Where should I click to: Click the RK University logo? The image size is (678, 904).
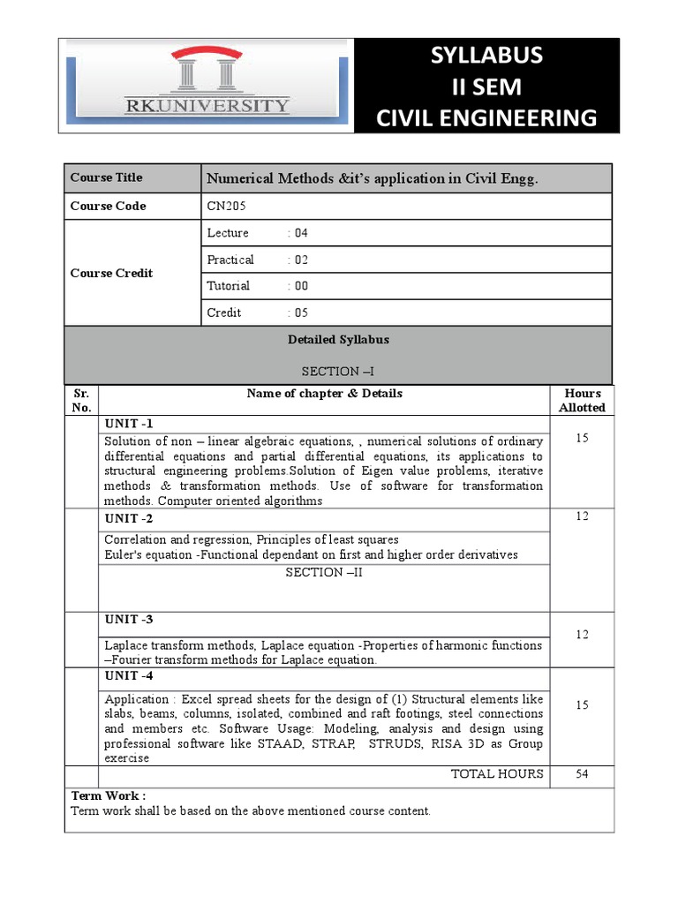[207, 85]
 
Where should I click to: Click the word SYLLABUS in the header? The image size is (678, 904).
[486, 56]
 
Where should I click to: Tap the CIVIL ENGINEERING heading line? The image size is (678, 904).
[486, 117]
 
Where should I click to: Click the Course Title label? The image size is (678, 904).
[106, 177]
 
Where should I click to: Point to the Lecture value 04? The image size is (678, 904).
[301, 233]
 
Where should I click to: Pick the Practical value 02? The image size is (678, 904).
[301, 260]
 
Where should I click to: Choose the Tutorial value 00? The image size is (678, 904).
[301, 286]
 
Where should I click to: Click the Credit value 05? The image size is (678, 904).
[301, 313]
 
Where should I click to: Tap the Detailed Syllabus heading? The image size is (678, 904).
[338, 339]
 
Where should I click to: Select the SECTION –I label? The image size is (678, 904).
[338, 372]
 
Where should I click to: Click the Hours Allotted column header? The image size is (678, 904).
[582, 401]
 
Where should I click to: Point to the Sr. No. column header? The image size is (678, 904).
[81, 401]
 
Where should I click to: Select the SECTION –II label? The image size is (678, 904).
[324, 572]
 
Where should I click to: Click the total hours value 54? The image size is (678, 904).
[582, 774]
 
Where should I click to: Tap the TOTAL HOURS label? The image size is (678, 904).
[497, 774]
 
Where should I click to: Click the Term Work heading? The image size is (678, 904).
[109, 795]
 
